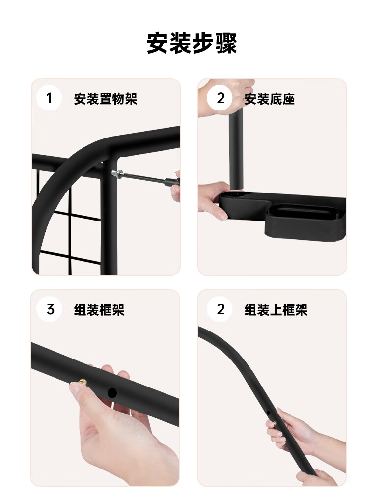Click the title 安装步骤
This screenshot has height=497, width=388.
click(x=192, y=43)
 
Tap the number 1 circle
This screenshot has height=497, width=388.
click(x=49, y=98)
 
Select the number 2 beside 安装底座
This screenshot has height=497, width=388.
click(x=221, y=98)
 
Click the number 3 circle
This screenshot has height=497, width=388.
click(x=50, y=309)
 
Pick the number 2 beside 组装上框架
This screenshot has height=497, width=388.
click(x=221, y=309)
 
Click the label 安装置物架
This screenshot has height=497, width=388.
click(x=106, y=99)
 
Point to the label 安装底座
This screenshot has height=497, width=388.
click(x=270, y=99)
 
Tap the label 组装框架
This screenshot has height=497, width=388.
click(x=99, y=310)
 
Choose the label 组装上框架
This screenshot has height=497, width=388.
click(x=276, y=310)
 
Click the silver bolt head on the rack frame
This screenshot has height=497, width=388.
click(x=116, y=173)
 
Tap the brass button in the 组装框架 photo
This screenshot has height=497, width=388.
click(x=83, y=381)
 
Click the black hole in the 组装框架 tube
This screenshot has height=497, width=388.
click(x=112, y=393)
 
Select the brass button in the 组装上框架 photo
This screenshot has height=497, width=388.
click(x=275, y=423)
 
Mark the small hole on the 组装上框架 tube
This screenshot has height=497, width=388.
click(x=268, y=413)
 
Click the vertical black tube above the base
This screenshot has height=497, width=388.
click(x=236, y=149)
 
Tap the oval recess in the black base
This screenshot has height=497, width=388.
click(x=301, y=212)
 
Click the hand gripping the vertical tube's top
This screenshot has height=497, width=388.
click(x=226, y=97)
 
